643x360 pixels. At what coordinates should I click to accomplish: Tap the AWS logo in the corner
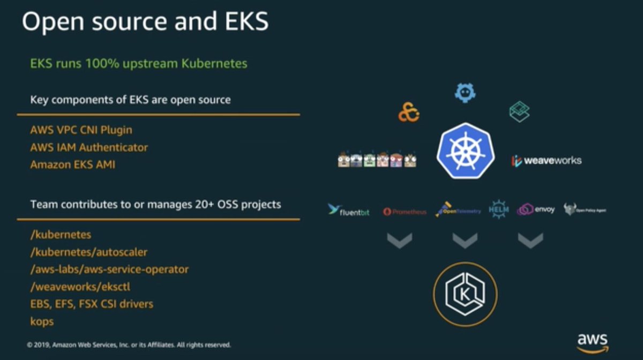592,343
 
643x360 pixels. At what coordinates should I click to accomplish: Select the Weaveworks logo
546,160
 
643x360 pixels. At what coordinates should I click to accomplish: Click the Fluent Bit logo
349,210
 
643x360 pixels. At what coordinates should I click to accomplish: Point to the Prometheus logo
405,212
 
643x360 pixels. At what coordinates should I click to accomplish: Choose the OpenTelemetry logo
458,209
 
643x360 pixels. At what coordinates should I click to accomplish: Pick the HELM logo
498,209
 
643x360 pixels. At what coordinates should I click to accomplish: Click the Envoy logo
536,209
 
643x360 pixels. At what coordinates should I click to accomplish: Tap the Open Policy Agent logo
585,209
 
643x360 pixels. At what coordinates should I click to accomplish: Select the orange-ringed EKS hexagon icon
465,294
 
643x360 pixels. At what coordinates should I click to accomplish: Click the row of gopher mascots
377,160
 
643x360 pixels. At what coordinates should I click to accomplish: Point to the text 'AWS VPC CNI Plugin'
81,130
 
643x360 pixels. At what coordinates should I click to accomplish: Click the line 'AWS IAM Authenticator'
89,147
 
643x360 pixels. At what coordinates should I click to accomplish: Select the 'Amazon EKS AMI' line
72,164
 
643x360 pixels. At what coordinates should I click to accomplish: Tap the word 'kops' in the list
42,321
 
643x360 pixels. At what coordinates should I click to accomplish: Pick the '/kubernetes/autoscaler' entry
89,252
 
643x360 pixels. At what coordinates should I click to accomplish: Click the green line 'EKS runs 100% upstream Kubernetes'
139,64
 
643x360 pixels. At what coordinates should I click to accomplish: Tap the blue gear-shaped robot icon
465,93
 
